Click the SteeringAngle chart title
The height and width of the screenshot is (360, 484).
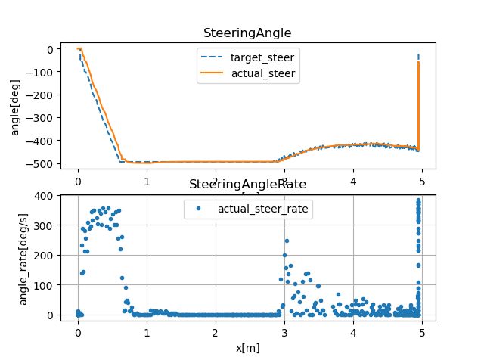click(x=247, y=33)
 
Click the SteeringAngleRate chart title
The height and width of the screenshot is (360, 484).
click(x=247, y=185)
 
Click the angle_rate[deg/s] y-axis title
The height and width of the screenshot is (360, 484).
click(x=24, y=255)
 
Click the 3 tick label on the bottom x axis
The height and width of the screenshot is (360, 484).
click(x=284, y=331)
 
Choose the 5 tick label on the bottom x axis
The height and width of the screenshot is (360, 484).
click(x=422, y=331)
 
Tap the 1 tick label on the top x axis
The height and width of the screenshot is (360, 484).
click(x=147, y=182)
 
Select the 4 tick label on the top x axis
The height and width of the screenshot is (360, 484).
click(x=353, y=182)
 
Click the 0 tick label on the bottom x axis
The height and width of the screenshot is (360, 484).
click(x=77, y=331)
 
